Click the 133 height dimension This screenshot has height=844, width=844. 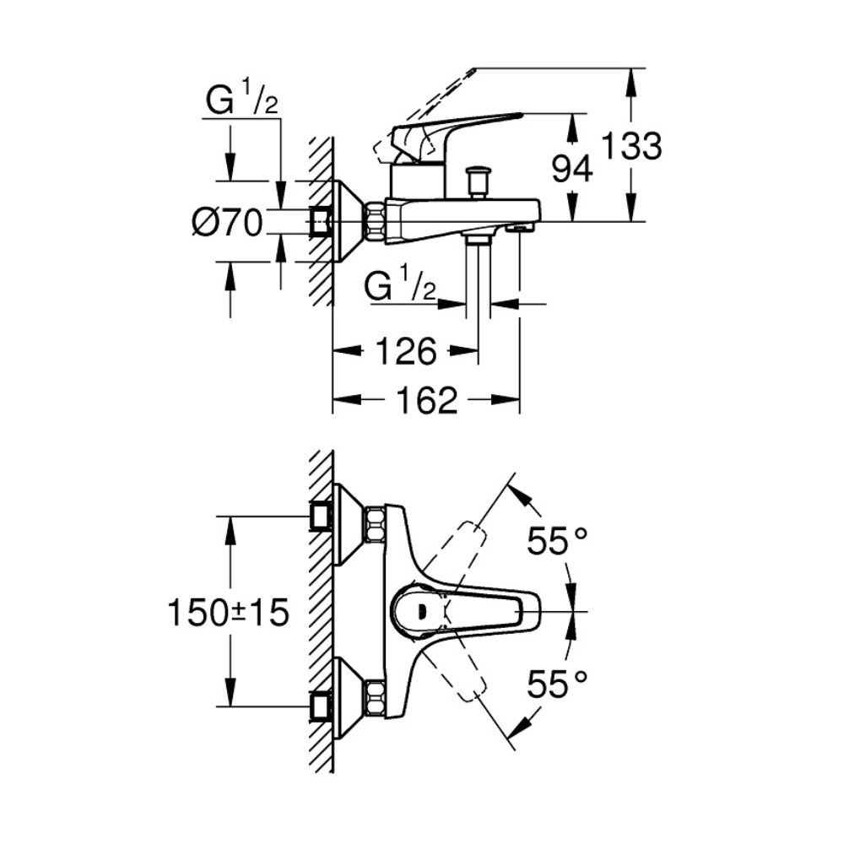[631, 147]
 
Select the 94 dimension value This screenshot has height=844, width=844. [572, 170]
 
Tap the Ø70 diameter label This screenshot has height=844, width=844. [227, 223]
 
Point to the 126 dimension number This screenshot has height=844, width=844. [405, 351]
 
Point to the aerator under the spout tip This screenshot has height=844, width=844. [520, 227]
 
